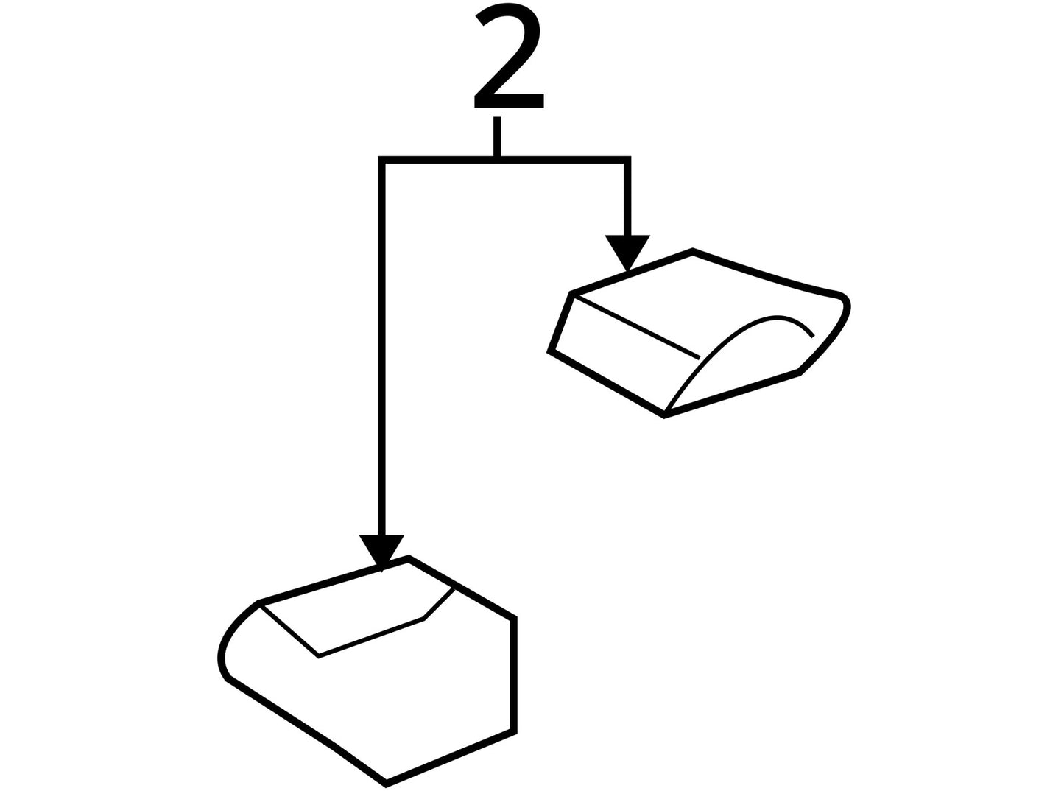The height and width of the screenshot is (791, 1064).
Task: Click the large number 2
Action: click(x=509, y=55)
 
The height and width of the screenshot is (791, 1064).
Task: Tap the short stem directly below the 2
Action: click(x=497, y=136)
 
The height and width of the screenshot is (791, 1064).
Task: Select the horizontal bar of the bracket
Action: click(x=504, y=159)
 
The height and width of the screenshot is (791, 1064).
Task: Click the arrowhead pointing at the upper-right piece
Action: click(x=627, y=253)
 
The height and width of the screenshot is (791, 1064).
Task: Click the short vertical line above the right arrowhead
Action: click(x=627, y=199)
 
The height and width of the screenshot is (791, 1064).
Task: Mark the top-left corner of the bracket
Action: click(x=382, y=159)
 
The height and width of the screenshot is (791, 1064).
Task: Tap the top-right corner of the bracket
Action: click(x=627, y=159)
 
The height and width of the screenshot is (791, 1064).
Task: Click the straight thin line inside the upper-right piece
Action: click(x=637, y=327)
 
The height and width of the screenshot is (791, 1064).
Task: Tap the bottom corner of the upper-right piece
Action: click(x=664, y=415)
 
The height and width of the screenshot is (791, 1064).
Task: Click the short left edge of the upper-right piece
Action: click(x=560, y=322)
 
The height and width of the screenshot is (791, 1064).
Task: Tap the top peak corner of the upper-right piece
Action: click(x=693, y=251)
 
